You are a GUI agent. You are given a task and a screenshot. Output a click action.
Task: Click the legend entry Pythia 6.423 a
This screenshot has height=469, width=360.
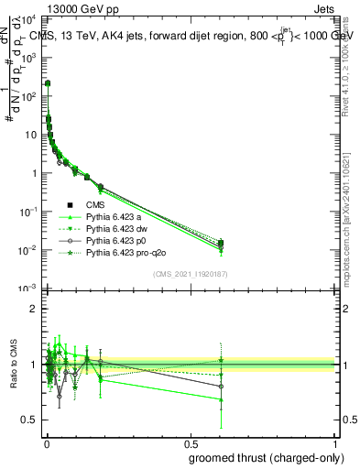pyautogui.click(x=115, y=216)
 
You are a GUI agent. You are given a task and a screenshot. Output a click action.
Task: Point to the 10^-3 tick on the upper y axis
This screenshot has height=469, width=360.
pyautogui.click(x=29, y=289)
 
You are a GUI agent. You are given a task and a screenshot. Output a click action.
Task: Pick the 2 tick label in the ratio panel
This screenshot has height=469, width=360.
pyautogui.click(x=36, y=309)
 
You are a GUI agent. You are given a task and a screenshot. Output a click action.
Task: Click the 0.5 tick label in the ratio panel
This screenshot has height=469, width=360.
pyautogui.click(x=32, y=420)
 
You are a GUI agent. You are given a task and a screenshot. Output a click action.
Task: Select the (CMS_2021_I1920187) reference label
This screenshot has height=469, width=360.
pyautogui.click(x=191, y=272)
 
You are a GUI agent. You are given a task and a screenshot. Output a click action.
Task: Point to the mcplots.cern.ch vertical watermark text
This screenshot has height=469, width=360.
pyautogui.click(x=352, y=220)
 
